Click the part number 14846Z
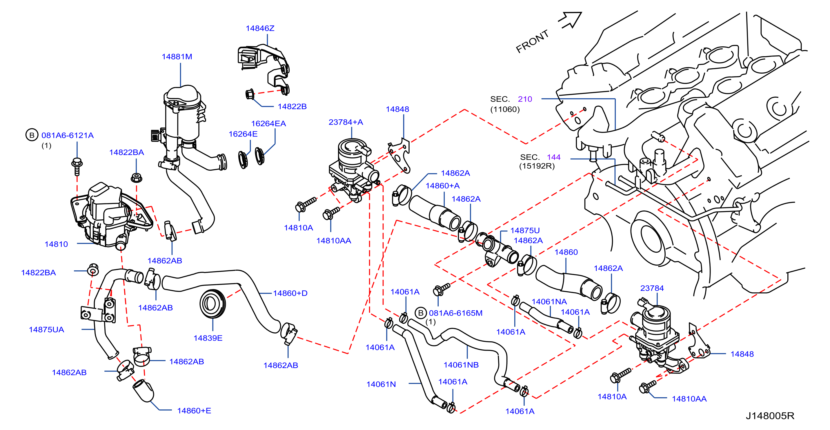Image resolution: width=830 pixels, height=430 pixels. coord(260,28)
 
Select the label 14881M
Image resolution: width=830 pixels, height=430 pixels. coord(177,57)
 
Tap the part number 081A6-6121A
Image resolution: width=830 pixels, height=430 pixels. coord(67,135)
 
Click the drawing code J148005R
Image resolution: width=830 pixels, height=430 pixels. coord(770,416)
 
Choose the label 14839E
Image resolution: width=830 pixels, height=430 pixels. coord(208,338)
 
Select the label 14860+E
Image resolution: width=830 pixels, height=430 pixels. coord(194,411)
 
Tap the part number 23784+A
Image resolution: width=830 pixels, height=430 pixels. coord(346,122)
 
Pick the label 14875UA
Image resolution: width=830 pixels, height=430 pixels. coord(46,329)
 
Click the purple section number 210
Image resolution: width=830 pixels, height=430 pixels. coord(525,99)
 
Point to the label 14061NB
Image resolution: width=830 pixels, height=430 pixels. coord(461,365)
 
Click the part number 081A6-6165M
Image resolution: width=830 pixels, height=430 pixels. coord(456,313)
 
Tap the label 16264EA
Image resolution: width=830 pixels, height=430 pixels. coord(268,123)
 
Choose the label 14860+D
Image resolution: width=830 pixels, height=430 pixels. coord(290,293)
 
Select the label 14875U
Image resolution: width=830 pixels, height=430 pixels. coord(525,231)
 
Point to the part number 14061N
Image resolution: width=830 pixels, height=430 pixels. coord(381,384)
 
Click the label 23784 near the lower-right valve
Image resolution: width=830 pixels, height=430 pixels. coord(652,288)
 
